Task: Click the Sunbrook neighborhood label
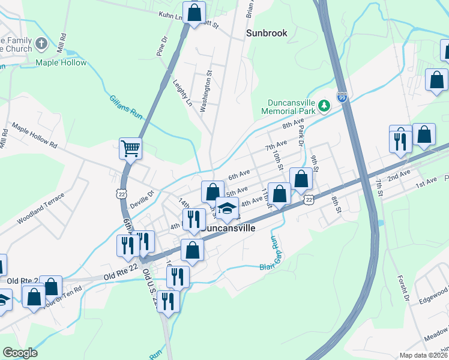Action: [x=267, y=34]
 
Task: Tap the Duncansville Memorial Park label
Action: [x=288, y=106]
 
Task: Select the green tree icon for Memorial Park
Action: [x=324, y=106]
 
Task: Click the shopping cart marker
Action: [x=130, y=148]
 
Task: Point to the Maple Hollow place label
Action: [x=61, y=62]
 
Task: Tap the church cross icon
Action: [x=41, y=44]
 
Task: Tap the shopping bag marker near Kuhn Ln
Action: [x=194, y=13]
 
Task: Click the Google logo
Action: [x=20, y=352]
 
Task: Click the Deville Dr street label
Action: [x=143, y=193]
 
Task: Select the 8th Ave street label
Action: [x=294, y=125]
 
